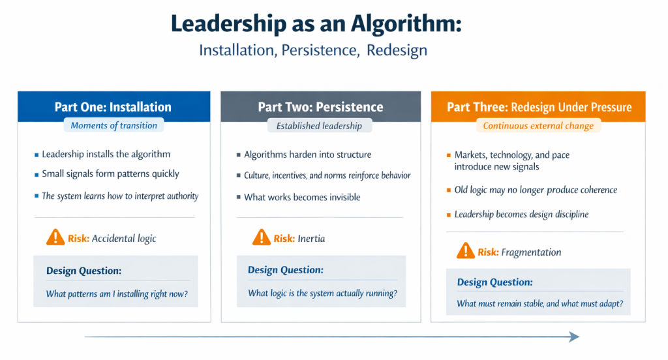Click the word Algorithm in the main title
(x=406, y=24)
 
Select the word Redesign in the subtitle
(x=397, y=50)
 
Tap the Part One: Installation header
(x=113, y=106)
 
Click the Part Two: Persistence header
(x=320, y=106)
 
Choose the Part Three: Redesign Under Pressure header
(x=539, y=106)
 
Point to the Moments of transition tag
(x=114, y=125)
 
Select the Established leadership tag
(x=319, y=126)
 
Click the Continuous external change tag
(x=538, y=126)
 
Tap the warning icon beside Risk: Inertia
(x=261, y=238)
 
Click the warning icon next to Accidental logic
(x=55, y=237)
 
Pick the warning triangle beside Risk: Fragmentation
(x=465, y=251)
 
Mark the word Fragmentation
(x=531, y=252)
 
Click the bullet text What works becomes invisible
(x=302, y=197)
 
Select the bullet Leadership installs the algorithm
(x=106, y=154)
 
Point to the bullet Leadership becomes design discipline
(x=521, y=215)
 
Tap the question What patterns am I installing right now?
(x=117, y=294)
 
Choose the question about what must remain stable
(x=539, y=304)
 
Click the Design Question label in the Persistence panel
(x=286, y=270)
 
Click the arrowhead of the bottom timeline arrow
(x=574, y=337)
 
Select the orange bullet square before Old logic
(x=449, y=190)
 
